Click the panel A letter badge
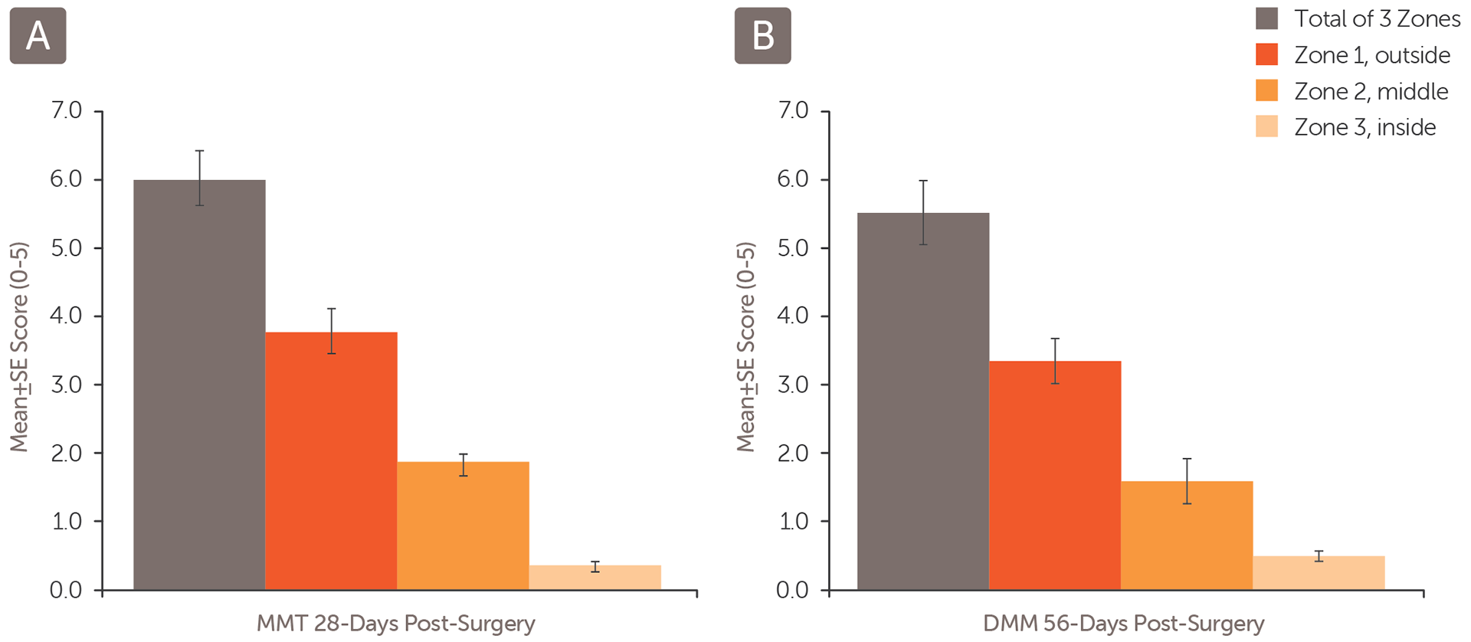38,36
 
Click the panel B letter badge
762,36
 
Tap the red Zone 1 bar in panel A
331,460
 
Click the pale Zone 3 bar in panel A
595,578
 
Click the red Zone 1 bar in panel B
1055,475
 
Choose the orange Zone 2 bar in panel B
1187,536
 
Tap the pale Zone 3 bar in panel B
1319,573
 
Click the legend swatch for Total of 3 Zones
1266,19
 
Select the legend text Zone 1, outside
1372,55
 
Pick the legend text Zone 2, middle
1371,91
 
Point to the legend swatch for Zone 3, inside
1266,126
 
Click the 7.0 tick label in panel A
66,110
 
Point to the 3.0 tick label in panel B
792,385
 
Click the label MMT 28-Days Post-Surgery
395,624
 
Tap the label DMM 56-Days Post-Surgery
1123,624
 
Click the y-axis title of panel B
745,347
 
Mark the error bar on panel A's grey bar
199,178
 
